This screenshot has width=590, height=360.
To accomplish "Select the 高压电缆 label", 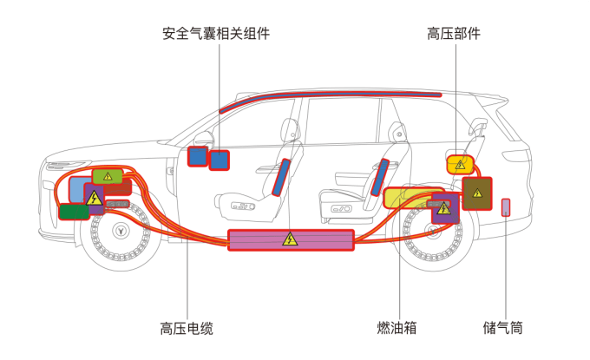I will (x=186, y=328).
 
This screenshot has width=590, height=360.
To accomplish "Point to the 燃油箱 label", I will (x=397, y=328).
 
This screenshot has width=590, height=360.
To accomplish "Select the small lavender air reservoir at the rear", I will (x=507, y=206).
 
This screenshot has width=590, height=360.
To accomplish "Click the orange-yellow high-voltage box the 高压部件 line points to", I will (x=460, y=164).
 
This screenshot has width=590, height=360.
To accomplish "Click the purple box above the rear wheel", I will (x=445, y=209).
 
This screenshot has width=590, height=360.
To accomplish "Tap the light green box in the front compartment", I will (x=107, y=176).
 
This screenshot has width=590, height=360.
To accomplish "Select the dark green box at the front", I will (x=74, y=211).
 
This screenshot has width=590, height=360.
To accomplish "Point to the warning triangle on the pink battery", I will (x=290, y=239).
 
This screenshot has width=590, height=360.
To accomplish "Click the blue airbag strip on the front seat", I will (x=279, y=177).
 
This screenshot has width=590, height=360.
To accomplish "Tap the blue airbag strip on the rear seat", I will (x=380, y=177).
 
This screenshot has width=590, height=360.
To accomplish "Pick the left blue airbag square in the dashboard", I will (x=198, y=156).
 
